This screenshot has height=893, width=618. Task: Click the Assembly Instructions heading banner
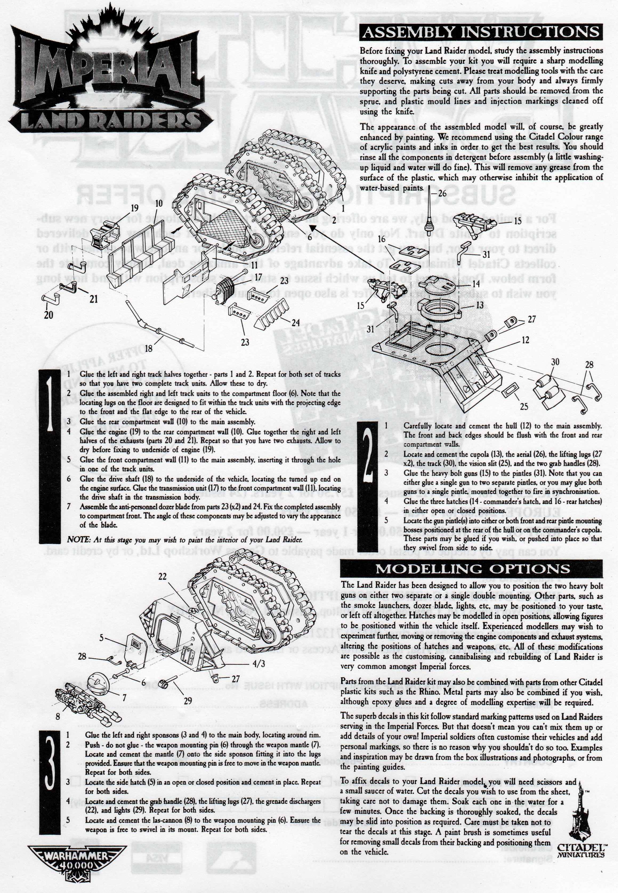coord(481,32)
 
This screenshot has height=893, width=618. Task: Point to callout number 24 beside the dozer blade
coord(296,322)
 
